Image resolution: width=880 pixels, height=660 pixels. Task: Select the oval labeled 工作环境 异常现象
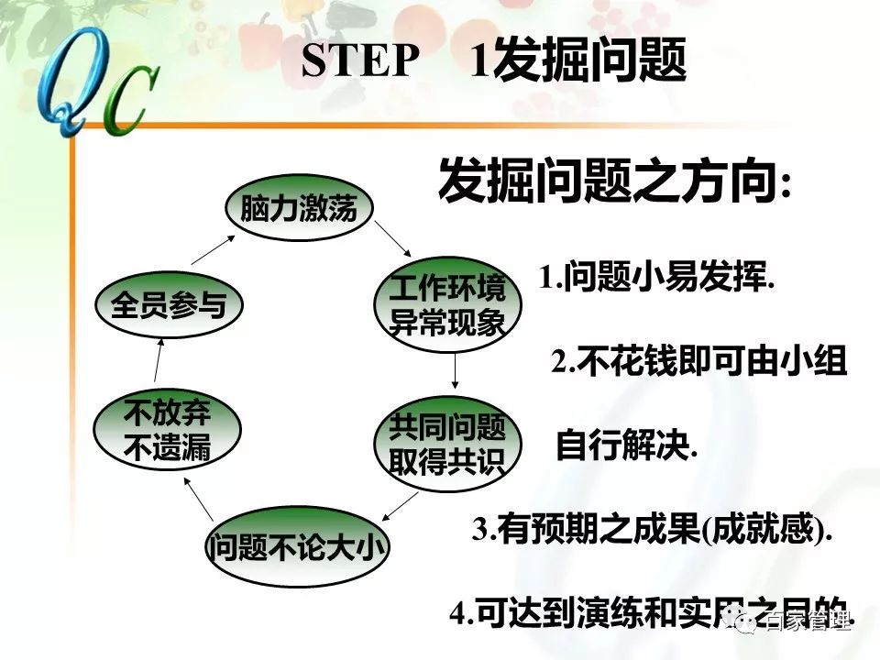447,307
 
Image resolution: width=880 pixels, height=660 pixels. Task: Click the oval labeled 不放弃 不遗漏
168,432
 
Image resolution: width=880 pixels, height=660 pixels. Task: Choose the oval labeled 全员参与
169,305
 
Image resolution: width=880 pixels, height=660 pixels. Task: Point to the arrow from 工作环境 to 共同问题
456,370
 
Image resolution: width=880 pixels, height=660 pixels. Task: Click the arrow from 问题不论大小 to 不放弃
198,499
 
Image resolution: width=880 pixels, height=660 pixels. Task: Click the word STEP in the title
358,62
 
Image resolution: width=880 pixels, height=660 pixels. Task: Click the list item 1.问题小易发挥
656,278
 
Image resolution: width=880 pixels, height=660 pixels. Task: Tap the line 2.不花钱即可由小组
698,362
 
